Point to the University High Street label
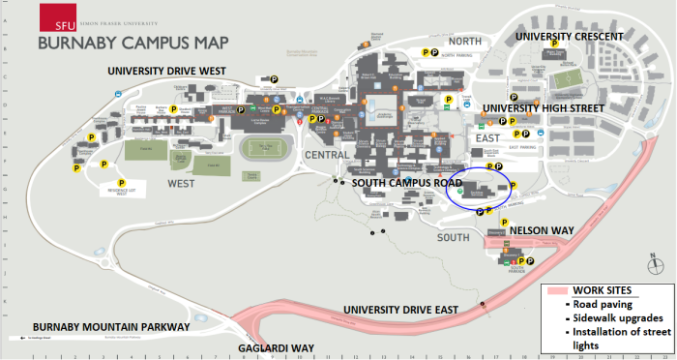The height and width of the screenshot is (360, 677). (544, 108)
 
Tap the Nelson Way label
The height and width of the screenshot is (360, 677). (535, 230)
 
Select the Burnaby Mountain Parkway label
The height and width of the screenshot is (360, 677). (111, 327)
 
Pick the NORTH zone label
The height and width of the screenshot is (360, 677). (465, 42)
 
